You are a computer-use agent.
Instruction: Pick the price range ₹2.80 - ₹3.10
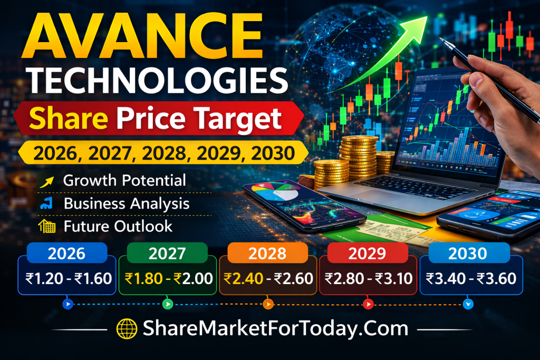click(x=368, y=278)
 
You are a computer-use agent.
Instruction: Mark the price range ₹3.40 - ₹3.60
click(x=468, y=278)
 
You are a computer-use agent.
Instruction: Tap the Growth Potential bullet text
click(x=124, y=180)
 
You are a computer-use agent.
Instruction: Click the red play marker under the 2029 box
click(x=368, y=304)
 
